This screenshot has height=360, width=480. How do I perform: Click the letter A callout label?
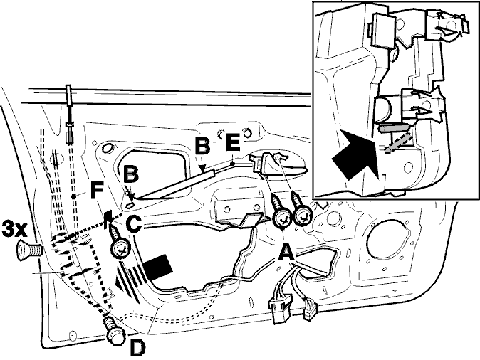point(286,253)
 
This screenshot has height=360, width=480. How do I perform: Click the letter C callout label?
point(133,225)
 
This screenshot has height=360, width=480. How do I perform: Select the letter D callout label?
point(137,348)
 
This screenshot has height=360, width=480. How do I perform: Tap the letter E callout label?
point(233,142)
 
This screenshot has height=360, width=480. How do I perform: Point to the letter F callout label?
point(97,191)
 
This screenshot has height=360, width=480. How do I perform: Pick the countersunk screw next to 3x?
point(28,251)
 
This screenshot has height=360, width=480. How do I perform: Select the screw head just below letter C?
point(120,249)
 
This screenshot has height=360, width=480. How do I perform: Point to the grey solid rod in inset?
point(394,128)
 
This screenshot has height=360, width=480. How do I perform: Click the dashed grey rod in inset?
point(398,143)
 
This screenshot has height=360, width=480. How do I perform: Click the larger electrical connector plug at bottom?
point(280,307)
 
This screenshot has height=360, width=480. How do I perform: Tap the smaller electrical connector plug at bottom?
point(310,309)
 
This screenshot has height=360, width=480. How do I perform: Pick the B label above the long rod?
point(203,146)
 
